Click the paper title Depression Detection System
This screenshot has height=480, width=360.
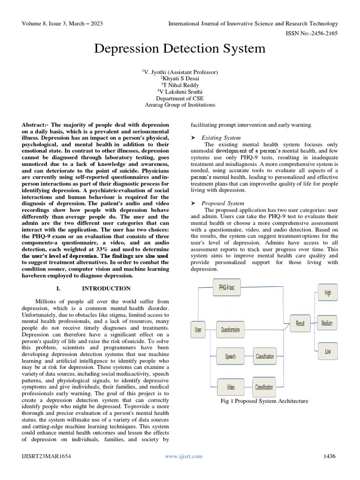point(180,48)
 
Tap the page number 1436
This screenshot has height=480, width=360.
point(330,456)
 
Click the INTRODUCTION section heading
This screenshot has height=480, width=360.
point(106,288)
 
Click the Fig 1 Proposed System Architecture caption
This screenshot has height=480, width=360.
point(264,401)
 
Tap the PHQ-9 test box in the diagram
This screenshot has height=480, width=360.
point(226,288)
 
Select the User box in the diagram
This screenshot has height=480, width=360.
point(198,330)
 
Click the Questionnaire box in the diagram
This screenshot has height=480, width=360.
point(230,330)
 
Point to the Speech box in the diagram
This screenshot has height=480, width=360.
point(230,357)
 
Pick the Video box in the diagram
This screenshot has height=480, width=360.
point(230,387)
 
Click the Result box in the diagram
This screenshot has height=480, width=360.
point(300,323)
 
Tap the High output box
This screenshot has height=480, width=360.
point(327,292)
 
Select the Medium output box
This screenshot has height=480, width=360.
point(327,323)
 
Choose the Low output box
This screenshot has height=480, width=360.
point(327,351)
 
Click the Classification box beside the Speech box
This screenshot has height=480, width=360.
point(264,357)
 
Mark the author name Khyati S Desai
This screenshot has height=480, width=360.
point(180,78)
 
